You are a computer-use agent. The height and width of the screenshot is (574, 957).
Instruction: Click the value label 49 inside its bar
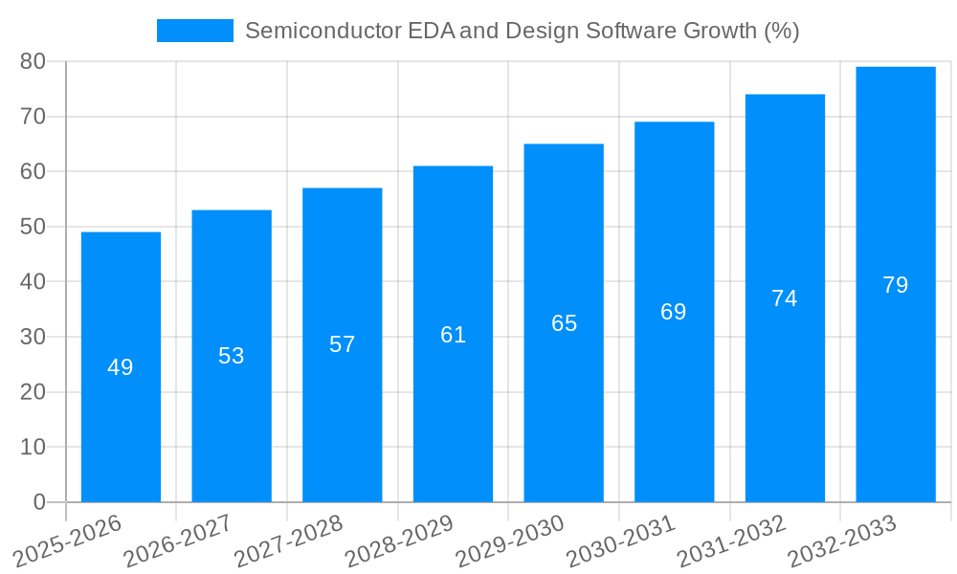[x=121, y=367]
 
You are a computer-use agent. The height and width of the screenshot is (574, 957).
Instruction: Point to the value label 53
[x=232, y=356]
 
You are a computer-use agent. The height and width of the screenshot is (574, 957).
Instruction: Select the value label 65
[x=564, y=323]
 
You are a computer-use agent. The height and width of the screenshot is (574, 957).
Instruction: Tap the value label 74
[x=785, y=298]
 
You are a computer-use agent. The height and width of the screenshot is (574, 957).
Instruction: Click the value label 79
[x=896, y=285]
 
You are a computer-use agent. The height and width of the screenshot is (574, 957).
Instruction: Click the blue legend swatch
[x=195, y=31]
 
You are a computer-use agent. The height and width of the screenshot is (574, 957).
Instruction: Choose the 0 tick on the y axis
[x=39, y=502]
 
